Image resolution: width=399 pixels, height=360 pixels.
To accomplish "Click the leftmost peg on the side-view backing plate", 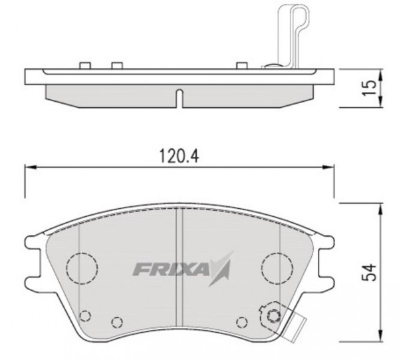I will (84, 65).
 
